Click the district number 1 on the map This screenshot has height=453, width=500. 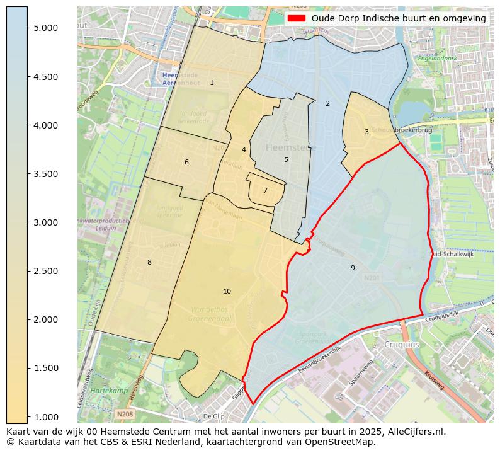point(212,83)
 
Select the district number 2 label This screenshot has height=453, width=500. point(327,103)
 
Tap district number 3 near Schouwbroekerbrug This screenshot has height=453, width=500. point(366,132)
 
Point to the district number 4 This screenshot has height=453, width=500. point(244,149)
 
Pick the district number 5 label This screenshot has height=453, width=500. point(286,159)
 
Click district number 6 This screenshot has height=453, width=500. point(186,162)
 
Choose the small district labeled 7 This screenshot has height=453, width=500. point(265,190)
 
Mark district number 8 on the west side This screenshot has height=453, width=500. point(149,262)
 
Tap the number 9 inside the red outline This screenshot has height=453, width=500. point(353,268)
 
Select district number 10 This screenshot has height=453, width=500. point(227,291)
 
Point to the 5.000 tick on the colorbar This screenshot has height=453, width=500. point(46,28)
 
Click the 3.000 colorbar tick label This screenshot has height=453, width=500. point(46,222)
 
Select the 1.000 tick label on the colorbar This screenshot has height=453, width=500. point(46,416)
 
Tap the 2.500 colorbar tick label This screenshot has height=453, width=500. point(46,271)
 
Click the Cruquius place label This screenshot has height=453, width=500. point(402,345)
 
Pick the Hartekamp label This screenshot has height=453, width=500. point(105,391)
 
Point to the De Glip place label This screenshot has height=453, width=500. point(213,416)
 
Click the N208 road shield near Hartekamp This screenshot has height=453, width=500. point(125,414)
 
